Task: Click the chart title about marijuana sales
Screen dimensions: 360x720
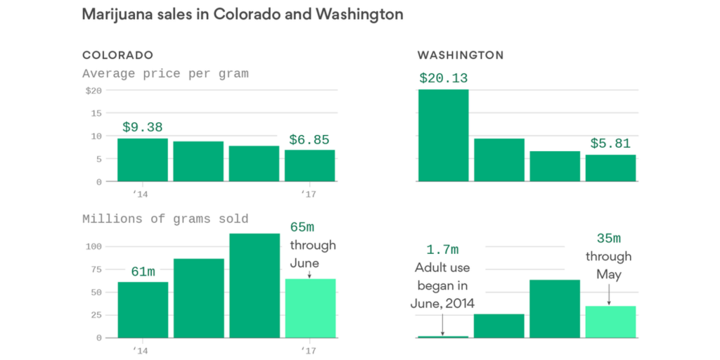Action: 243,14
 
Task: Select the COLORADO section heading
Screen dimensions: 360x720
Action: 117,55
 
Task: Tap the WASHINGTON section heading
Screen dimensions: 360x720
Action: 461,55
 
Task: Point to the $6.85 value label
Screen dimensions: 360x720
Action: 309,140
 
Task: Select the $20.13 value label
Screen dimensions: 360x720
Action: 443,78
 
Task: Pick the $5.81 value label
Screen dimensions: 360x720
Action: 610,143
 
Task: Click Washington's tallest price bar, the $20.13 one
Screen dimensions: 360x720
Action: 443,135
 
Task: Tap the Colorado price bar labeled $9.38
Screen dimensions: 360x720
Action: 143,160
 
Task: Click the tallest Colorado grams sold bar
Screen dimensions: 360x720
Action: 254,285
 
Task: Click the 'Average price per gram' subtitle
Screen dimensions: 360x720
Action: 165,73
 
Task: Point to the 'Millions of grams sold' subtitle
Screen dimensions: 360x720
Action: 165,219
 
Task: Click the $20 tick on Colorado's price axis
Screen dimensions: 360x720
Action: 94,91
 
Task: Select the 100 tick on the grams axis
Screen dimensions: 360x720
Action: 92,246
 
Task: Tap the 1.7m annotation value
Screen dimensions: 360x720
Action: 442,250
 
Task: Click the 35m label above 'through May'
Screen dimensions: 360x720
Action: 608,238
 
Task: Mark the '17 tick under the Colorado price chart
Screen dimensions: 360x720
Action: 308,193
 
